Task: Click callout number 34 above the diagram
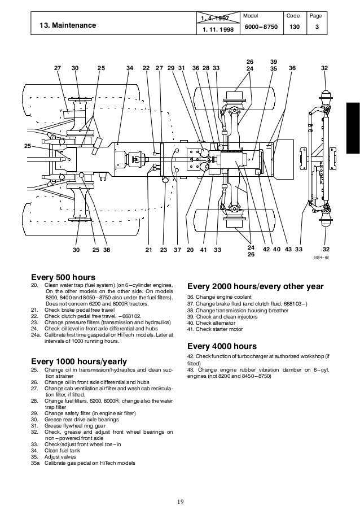click(x=130, y=68)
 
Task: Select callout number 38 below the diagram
click(x=106, y=249)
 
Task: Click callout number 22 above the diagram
click(x=146, y=68)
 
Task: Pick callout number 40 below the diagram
click(x=276, y=249)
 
